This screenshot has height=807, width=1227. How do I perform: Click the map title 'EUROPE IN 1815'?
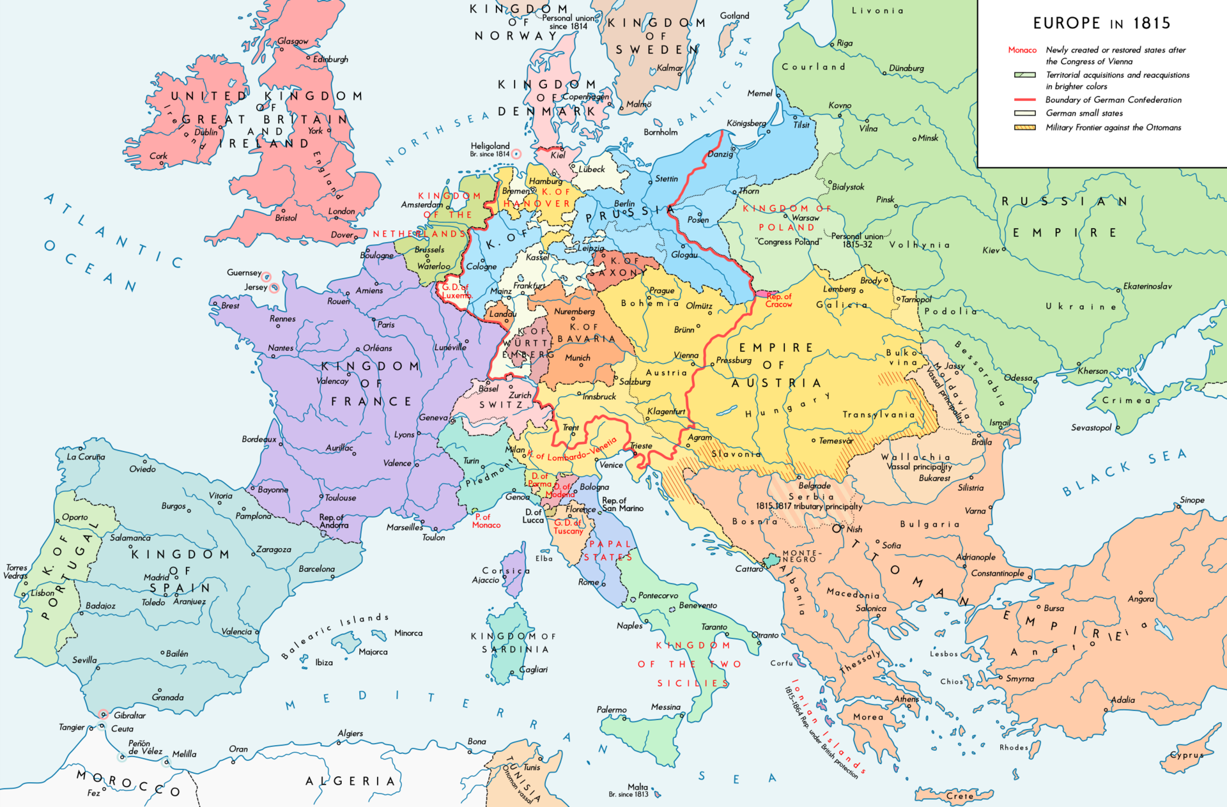point(1102,24)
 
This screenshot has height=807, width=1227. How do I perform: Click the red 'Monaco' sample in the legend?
point(1022,50)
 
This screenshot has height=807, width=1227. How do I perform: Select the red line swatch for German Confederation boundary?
point(1024,100)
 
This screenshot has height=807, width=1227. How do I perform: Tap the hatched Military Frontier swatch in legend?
point(1024,128)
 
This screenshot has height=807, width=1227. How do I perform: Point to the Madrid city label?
point(156,577)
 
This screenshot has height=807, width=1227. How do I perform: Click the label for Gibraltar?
point(130,715)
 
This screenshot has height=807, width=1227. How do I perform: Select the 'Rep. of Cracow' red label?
point(778,300)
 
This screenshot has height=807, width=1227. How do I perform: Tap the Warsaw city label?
point(805,218)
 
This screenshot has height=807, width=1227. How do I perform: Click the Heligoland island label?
point(490,146)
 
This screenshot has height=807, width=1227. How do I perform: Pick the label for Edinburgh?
point(330,59)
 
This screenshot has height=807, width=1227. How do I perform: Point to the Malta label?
point(637,787)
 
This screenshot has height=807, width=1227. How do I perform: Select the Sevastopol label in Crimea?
point(1091,427)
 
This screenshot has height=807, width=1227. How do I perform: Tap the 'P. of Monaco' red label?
point(486,521)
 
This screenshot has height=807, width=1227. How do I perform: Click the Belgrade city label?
point(814,486)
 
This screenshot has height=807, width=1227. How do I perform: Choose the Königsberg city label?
point(746,123)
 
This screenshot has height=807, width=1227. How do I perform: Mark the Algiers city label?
point(350,733)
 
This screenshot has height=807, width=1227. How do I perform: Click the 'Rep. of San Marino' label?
point(622,505)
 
